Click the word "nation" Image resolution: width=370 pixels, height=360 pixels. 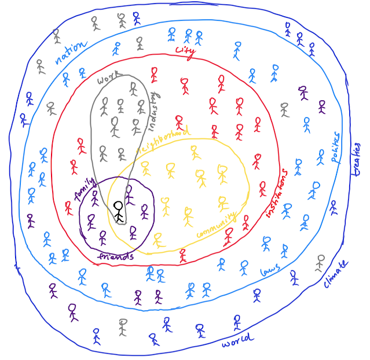pos(71,52)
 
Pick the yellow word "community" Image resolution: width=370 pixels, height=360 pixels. pos(217,226)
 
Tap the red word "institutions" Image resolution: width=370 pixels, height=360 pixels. pos(276,194)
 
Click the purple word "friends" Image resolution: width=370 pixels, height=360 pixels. pos(115,256)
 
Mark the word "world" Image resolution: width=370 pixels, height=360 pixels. pos(237,341)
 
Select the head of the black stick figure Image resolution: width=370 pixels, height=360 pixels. pos(119,205)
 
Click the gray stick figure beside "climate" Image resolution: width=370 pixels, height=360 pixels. pos(320,263)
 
